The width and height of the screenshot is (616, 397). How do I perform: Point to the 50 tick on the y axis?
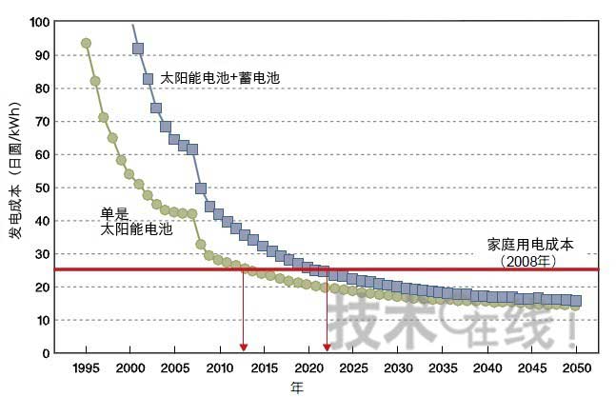[43, 188]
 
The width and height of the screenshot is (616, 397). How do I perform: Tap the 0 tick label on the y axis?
[46, 353]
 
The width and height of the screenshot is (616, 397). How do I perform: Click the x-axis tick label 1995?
[86, 367]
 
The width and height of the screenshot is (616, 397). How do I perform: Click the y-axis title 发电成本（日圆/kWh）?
[16, 187]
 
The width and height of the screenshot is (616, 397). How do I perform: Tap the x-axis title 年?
[298, 387]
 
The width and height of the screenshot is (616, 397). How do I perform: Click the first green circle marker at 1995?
[86, 43]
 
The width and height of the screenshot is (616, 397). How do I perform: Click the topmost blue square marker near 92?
[138, 49]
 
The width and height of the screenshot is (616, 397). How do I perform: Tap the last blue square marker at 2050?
[575, 301]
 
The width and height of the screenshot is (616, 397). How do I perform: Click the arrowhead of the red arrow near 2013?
[244, 347]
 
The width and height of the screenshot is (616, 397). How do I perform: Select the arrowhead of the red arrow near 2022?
[327, 347]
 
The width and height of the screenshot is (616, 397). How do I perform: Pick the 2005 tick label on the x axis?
[174, 367]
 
